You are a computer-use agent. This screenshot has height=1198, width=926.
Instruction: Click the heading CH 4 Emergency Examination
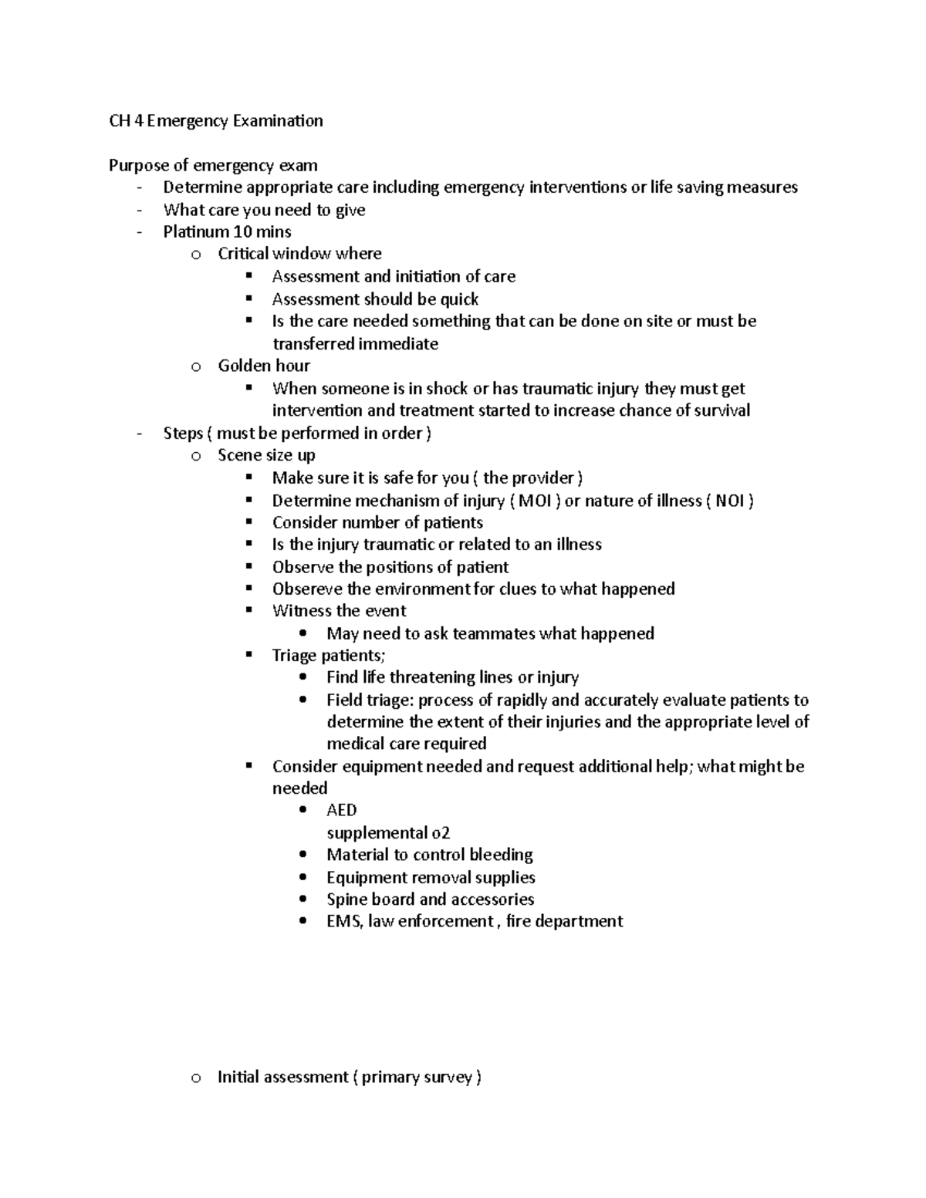216,121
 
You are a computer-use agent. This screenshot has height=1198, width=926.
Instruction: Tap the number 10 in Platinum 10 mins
242,231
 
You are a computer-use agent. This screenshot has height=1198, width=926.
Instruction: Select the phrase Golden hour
264,366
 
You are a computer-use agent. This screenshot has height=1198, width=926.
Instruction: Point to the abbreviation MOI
535,501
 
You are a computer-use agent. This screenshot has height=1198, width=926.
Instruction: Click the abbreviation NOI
729,501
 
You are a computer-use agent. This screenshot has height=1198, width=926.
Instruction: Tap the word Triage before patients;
295,656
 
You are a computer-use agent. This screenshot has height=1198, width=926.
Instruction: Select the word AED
341,810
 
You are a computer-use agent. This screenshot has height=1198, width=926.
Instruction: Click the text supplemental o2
388,833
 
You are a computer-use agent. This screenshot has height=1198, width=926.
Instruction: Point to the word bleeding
501,855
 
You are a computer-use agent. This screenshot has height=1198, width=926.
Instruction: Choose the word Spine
346,899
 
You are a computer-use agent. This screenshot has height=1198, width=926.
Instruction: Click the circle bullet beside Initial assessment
196,1078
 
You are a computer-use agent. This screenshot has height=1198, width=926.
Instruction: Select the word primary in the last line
393,1078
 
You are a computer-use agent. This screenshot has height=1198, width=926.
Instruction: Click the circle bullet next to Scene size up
196,456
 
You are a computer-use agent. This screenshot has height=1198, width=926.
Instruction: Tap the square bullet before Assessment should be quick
248,299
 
